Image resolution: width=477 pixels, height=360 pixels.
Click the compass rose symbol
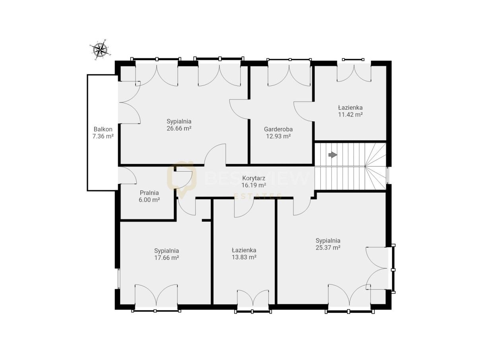(x=100, y=50)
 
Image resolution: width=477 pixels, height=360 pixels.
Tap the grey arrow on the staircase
(x=333, y=155)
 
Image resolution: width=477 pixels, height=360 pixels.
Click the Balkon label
(x=103, y=129)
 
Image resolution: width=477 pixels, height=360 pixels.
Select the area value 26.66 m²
(x=179, y=128)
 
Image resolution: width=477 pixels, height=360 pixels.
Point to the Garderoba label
(x=278, y=129)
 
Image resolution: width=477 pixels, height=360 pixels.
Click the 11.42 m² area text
(x=350, y=114)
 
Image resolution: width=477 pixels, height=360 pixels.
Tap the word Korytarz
(x=254, y=178)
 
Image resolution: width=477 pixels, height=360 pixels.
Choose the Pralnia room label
(x=149, y=193)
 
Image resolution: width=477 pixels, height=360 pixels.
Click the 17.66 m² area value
(x=167, y=258)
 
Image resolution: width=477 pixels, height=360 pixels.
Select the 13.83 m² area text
(x=244, y=257)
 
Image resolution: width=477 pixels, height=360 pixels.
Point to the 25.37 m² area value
(x=328, y=248)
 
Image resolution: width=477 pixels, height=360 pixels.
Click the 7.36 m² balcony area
(x=103, y=136)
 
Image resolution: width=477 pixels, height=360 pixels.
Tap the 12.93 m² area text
(x=278, y=136)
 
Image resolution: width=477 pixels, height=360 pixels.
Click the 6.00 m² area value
(x=149, y=199)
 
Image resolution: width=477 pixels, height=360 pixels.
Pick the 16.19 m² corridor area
(x=254, y=185)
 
